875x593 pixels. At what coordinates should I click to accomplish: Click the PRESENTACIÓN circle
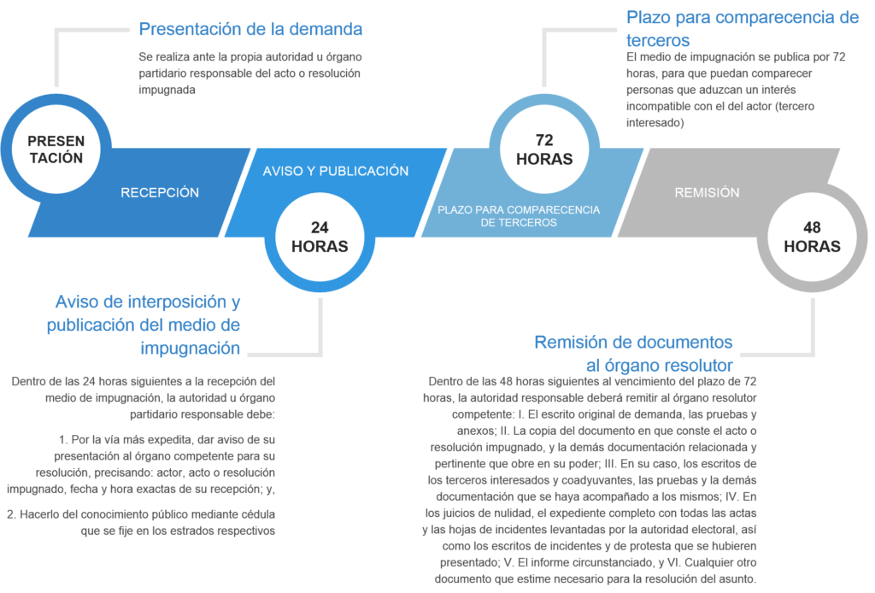pos(56,149)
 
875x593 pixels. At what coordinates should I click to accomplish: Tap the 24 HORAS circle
pos(320,237)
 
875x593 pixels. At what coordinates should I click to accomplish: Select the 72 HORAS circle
pos(544,150)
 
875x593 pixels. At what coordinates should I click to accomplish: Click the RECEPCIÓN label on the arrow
pos(160,192)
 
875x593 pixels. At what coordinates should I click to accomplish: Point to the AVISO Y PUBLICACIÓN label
pos(336,171)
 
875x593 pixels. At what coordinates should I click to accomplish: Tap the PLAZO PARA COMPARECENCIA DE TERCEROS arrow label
pos(519,215)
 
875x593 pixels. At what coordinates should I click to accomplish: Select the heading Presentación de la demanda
pos(250,29)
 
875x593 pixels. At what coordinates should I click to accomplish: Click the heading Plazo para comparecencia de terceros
pos(742,28)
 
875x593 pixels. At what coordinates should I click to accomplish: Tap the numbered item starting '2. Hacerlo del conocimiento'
pos(141,521)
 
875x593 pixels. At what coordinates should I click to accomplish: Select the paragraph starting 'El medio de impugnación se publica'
pos(736,90)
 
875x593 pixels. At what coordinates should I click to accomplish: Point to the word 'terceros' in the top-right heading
pos(658,40)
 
